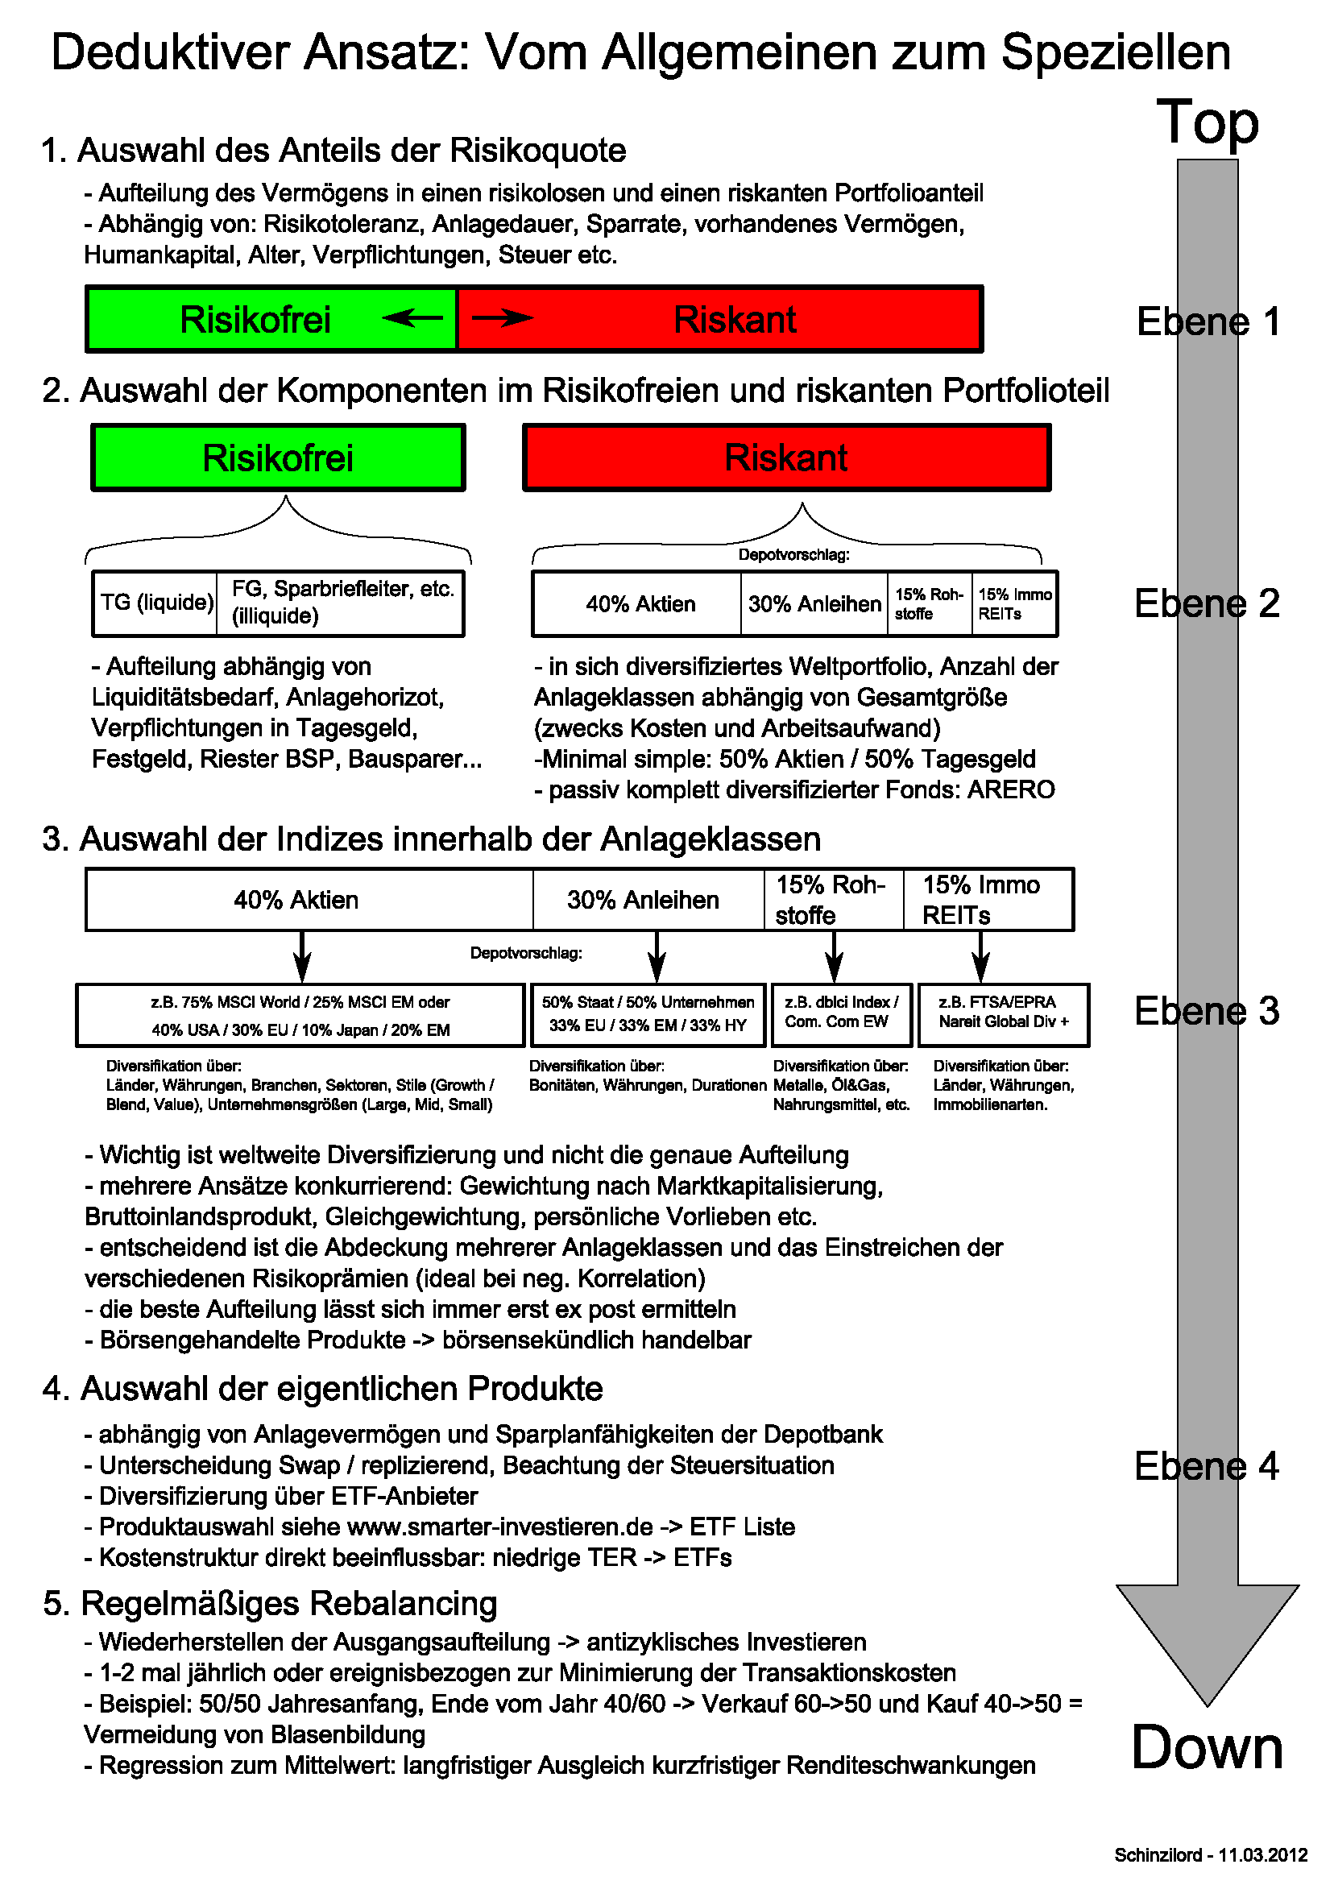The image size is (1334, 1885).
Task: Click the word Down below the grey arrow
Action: click(x=1207, y=1747)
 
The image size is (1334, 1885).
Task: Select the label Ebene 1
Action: click(x=1208, y=321)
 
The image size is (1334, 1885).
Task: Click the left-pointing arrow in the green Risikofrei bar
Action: click(x=412, y=317)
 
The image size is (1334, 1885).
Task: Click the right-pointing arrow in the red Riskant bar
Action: click(x=503, y=317)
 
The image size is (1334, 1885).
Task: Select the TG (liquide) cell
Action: click(x=156, y=603)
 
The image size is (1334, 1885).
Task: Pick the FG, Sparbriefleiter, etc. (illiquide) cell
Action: click(x=341, y=603)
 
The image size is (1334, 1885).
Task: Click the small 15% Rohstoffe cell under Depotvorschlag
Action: click(x=929, y=603)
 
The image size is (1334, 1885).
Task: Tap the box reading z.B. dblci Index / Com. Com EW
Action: click(x=841, y=1013)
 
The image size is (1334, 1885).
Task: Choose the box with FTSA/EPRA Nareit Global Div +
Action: click(x=1003, y=1013)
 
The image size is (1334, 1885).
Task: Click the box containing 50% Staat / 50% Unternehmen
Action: click(x=648, y=1013)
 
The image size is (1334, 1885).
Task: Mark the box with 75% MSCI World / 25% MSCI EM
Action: click(x=300, y=1015)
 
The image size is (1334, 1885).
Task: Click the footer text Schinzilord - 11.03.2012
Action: click(x=1210, y=1854)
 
